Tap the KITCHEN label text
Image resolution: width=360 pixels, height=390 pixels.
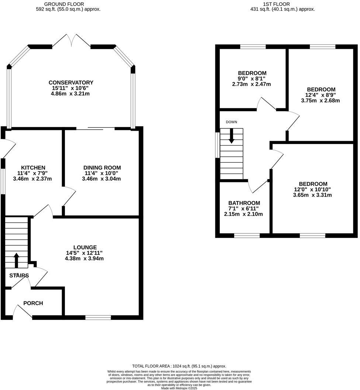point(33,167)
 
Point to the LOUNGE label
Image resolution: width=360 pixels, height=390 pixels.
point(85,247)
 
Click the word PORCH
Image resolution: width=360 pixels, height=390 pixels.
point(33,303)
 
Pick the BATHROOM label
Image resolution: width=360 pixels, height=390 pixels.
point(244,203)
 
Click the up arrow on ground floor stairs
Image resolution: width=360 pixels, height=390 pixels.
point(16,260)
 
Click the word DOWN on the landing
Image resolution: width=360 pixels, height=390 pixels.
point(232,122)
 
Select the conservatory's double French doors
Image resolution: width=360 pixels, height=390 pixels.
point(71,41)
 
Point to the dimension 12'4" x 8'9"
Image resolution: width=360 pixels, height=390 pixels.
point(321,95)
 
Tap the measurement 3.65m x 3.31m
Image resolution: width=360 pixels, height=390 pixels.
point(313,195)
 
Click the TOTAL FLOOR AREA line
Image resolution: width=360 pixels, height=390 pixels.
point(179,366)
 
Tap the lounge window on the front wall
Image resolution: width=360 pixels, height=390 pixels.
point(98,317)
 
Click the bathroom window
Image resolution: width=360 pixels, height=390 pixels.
point(247,235)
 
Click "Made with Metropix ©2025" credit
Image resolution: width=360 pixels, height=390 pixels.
point(179,388)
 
